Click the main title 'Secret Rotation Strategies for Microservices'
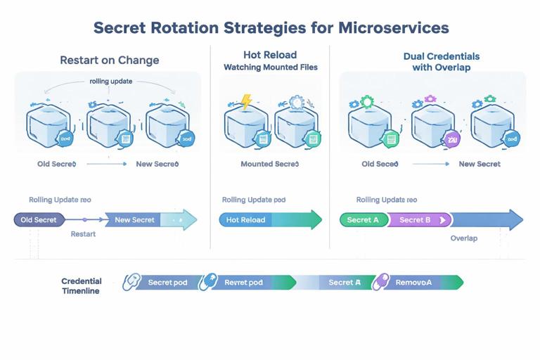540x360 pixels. click(x=271, y=28)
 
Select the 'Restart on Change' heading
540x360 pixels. click(x=109, y=60)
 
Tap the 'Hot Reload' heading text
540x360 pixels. click(x=270, y=54)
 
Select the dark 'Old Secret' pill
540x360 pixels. click(x=39, y=220)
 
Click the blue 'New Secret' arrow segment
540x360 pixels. click(x=134, y=220)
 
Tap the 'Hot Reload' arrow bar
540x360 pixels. click(x=246, y=220)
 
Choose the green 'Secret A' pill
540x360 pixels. click(x=363, y=220)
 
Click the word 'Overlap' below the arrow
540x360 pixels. click(x=463, y=238)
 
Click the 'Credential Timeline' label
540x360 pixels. click(x=82, y=285)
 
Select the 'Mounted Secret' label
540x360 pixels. click(x=270, y=164)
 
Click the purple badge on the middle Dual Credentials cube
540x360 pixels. click(x=452, y=138)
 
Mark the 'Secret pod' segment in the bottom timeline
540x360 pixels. click(x=167, y=282)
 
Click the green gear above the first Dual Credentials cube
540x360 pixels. click(x=367, y=101)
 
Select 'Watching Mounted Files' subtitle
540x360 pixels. click(x=270, y=67)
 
